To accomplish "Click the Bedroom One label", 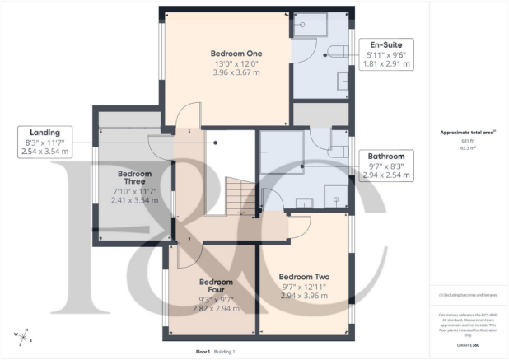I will [x=226, y=53].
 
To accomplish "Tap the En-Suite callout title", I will [x=385, y=44].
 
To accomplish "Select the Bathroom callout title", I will [x=386, y=156].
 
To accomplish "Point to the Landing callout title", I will [x=39, y=132].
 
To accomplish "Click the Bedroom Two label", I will [x=304, y=276].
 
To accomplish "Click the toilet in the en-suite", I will [x=336, y=52].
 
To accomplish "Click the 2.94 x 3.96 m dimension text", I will [x=304, y=297].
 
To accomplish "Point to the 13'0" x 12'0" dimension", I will [x=226, y=63].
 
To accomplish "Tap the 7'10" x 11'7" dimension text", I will [x=133, y=191].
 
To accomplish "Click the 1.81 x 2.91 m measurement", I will [x=385, y=63].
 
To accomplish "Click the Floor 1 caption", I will [x=203, y=352].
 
